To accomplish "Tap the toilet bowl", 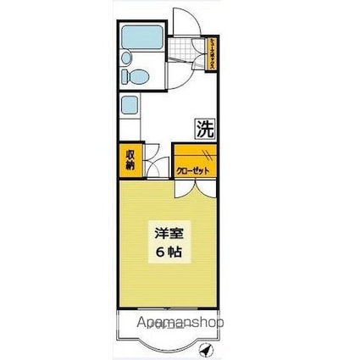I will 133,76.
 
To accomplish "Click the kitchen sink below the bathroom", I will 129,108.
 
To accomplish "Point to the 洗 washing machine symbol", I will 205,130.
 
